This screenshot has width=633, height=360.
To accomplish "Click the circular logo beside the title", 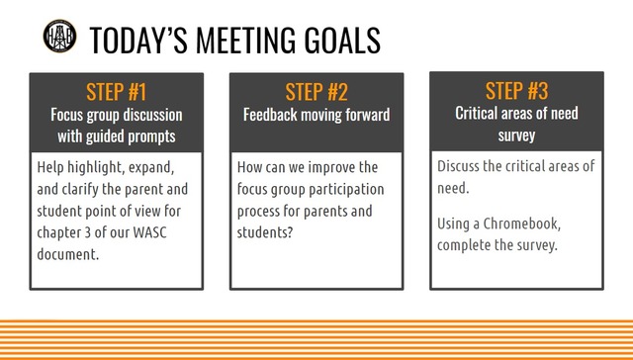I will [60, 37].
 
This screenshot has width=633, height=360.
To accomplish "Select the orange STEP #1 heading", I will [116, 93].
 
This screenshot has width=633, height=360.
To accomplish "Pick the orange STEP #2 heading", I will [316, 93].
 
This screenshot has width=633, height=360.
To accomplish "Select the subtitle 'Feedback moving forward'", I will [316, 115].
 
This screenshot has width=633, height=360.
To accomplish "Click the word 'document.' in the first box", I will [71, 255].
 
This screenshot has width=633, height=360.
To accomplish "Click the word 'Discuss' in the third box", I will [461, 165].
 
